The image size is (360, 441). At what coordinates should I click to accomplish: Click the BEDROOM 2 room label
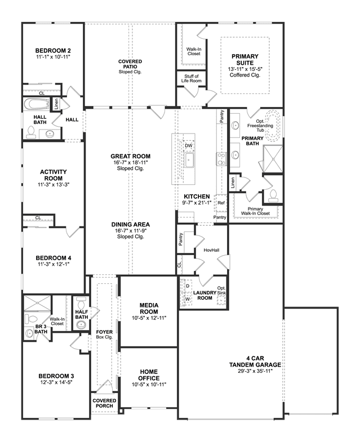pos(53,51)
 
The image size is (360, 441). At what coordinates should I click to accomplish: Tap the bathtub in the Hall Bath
pos(36,104)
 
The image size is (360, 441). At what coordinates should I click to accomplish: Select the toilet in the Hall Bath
pos(30,132)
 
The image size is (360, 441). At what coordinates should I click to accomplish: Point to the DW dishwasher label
pos(188,146)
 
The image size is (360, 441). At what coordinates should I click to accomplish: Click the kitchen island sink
pos(189,161)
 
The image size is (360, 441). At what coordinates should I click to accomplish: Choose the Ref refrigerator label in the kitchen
pos(221,203)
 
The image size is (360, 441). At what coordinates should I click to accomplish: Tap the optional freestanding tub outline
pos(273,126)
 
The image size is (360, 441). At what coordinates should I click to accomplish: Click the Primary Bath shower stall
pos(273,158)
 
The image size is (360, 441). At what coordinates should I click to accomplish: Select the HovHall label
pos(211,250)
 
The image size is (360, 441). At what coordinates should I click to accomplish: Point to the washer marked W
pos(188,299)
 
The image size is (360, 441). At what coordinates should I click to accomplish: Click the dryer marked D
pos(188,286)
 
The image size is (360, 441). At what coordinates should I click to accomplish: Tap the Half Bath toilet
pos(81,302)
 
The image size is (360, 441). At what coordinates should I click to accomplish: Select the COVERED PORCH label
pos(104,403)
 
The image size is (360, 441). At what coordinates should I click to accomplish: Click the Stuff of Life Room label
pos(191,78)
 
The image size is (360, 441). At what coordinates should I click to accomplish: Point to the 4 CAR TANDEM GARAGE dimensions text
pos(255,371)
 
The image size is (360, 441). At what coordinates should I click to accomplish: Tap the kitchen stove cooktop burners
pos(221,159)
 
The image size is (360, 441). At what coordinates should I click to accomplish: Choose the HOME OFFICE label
pos(149,375)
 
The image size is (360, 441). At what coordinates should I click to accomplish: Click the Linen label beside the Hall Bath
pos(56,104)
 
